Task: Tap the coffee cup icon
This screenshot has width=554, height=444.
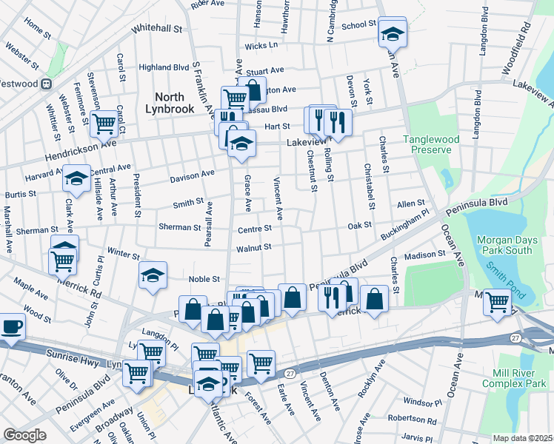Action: pyautogui.click(x=13, y=326)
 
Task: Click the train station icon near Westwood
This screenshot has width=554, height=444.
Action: pyautogui.click(x=46, y=84)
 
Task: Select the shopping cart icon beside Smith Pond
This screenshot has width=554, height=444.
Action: pyautogui.click(x=497, y=301)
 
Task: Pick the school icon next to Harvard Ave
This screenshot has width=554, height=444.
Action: pyautogui.click(x=76, y=178)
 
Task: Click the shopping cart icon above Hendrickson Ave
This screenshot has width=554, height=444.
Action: pyautogui.click(x=104, y=124)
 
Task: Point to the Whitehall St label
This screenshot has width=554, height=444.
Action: pyautogui.click(x=156, y=28)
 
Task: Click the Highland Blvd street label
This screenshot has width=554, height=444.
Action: pyautogui.click(x=164, y=67)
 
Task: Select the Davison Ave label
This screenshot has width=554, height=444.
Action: pyautogui.click(x=192, y=175)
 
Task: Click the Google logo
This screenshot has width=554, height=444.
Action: pyautogui.click(x=25, y=434)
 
